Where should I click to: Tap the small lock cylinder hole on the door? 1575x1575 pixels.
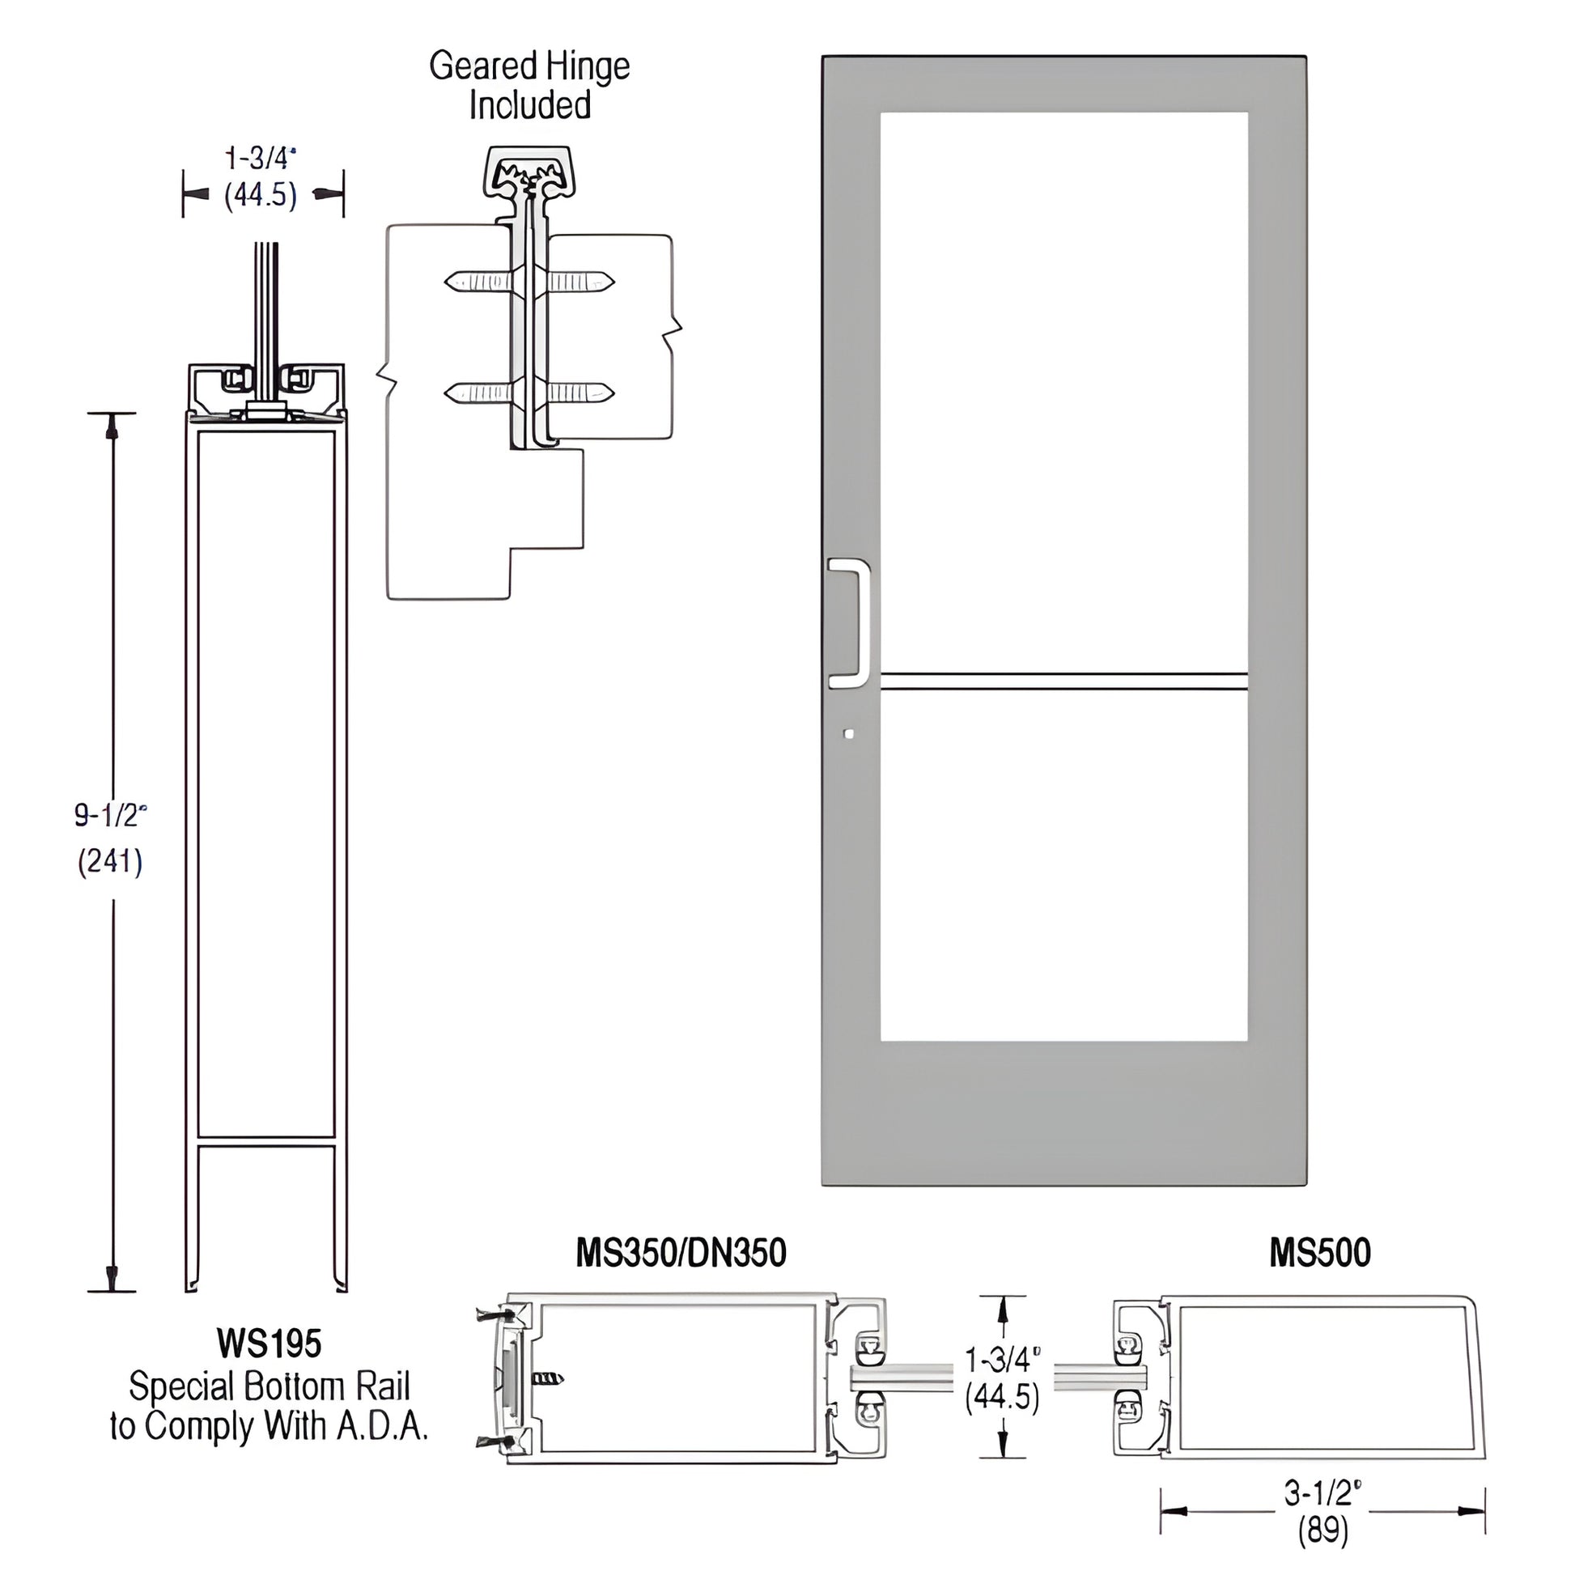click(849, 734)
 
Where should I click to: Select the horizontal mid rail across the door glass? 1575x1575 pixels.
click(1063, 681)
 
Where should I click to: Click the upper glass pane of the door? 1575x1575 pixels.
click(1063, 391)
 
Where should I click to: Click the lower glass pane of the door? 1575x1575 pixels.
click(1063, 864)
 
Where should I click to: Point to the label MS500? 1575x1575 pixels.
click(1319, 1253)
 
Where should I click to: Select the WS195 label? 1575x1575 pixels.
click(269, 1343)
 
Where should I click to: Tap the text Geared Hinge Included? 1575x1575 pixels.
click(529, 85)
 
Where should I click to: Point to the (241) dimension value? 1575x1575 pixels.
click(110, 861)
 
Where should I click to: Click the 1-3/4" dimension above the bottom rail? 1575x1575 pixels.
click(260, 157)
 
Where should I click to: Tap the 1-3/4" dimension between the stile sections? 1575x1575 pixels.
click(1002, 1359)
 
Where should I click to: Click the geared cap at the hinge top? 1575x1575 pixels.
click(529, 172)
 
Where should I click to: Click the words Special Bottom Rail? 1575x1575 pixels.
click(269, 1386)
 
